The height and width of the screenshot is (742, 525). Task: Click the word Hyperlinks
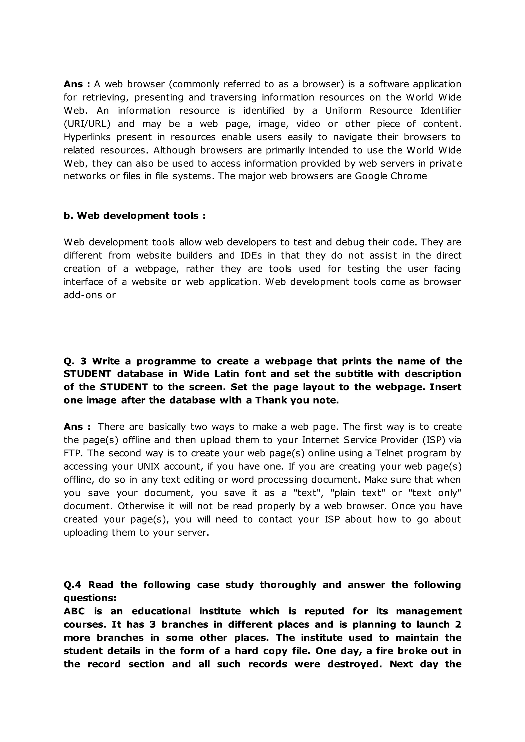pos(87,137)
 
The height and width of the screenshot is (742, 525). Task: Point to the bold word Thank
pos(270,400)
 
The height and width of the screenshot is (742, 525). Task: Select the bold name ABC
pos(74,611)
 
